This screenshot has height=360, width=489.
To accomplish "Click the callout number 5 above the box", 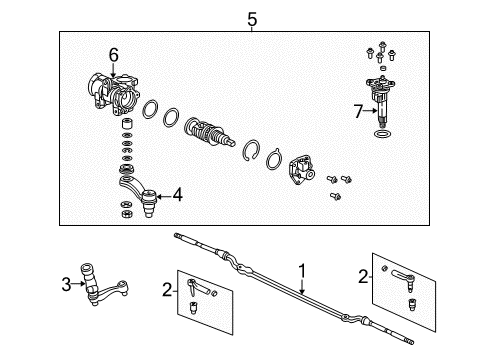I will pyautogui.click(x=252, y=17).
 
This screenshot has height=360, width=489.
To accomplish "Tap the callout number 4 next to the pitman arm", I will pyautogui.click(x=177, y=195).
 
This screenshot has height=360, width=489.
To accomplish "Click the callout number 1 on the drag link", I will pyautogui.click(x=301, y=271).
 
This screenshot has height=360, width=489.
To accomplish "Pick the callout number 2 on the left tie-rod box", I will pyautogui.click(x=166, y=290).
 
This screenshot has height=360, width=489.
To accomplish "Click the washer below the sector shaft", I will pyautogui.click(x=384, y=134).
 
